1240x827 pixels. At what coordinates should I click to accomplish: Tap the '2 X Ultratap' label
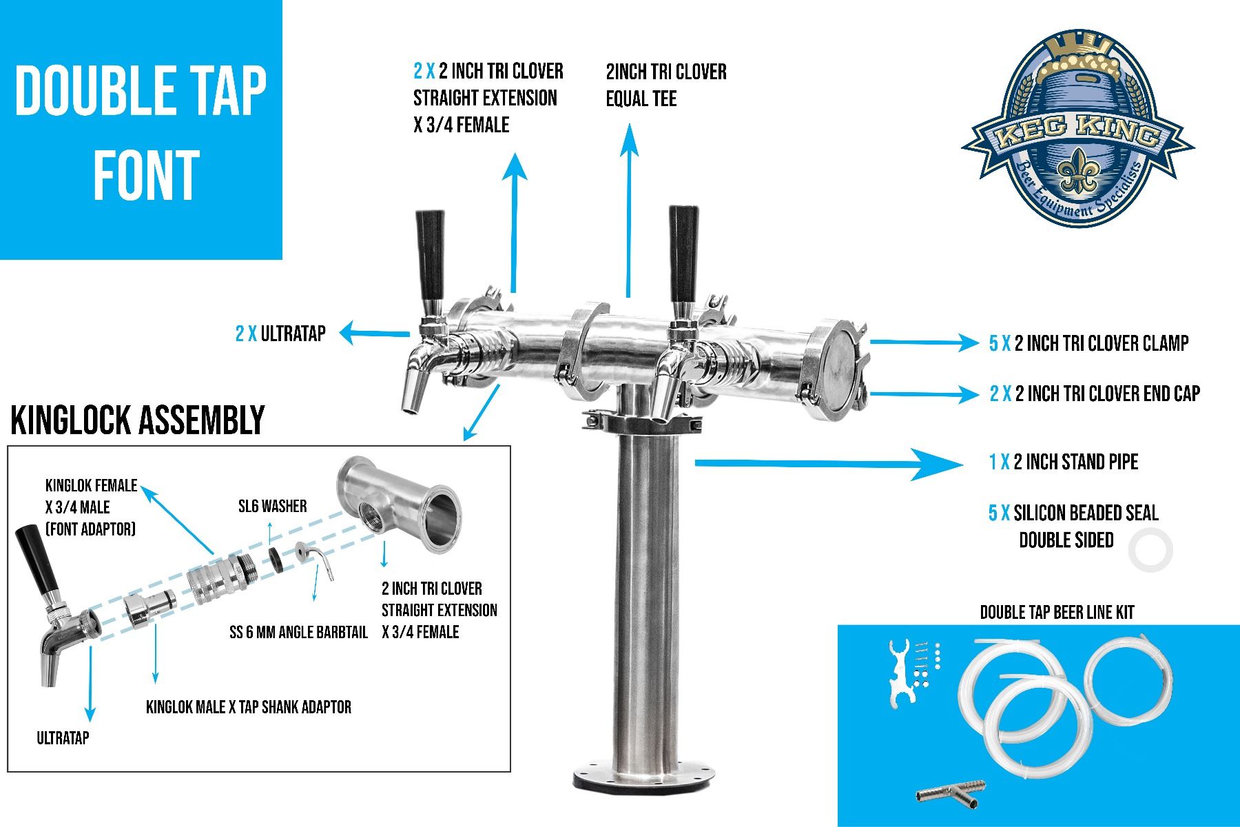coord(280,334)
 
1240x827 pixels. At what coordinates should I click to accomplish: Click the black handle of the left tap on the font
coord(431,252)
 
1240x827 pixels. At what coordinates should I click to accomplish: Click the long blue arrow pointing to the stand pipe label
coord(827,464)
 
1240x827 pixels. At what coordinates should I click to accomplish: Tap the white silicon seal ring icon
coord(1150,549)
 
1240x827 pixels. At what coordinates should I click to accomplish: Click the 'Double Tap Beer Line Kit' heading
coord(1056,612)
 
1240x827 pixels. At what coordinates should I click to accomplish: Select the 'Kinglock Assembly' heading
coord(138,420)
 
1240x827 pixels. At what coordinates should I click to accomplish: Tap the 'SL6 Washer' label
coord(272,507)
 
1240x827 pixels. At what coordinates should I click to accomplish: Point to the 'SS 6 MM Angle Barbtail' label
coord(298,632)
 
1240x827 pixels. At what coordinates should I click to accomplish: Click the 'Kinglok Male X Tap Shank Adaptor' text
coord(249,707)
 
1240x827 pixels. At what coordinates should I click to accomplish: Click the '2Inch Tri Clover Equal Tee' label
coord(665,85)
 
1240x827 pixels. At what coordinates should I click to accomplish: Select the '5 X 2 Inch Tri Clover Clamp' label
coord(1088,343)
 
